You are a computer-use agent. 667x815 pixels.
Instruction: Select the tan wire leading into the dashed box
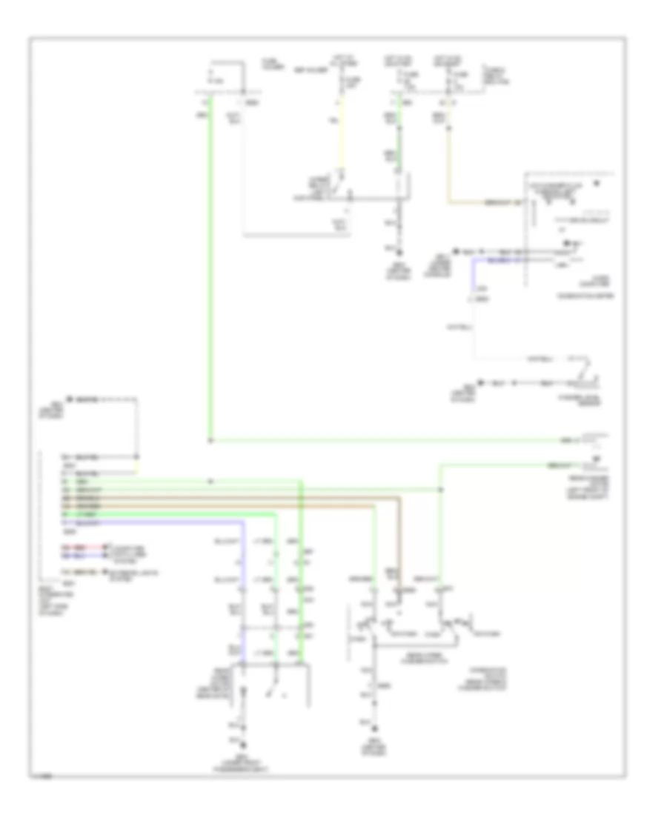[482, 202]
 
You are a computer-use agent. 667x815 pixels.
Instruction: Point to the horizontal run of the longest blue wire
[170, 524]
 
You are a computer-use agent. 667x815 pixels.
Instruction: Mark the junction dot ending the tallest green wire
[210, 442]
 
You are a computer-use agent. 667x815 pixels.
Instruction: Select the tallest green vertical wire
[210, 267]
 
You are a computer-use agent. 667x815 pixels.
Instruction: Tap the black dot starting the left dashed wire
[67, 399]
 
